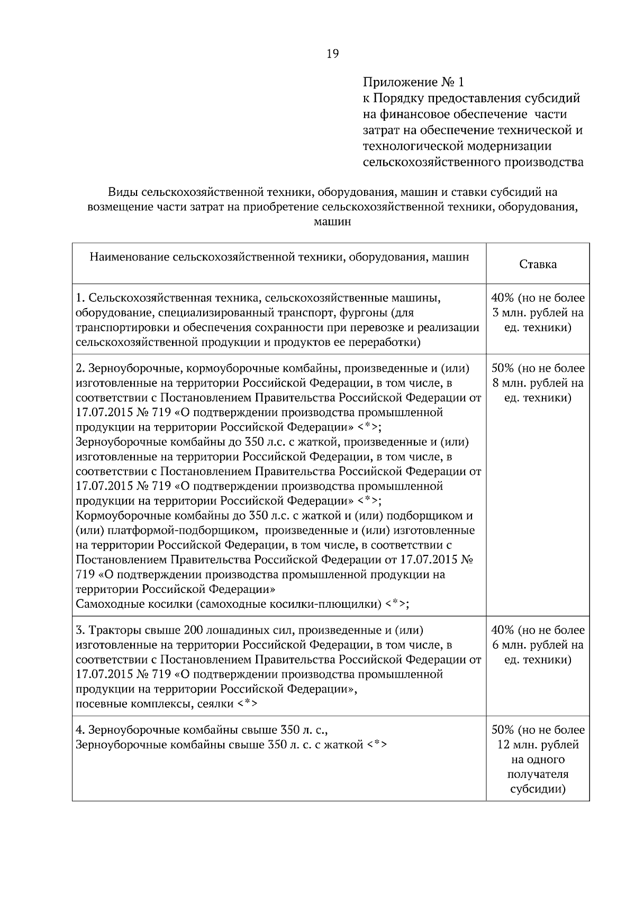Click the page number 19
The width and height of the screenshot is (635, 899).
pos(333,53)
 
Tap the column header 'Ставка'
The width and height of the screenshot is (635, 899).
pos(538,264)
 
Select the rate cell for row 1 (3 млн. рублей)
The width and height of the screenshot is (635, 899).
pos(538,313)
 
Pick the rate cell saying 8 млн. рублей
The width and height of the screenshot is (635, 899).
pos(538,383)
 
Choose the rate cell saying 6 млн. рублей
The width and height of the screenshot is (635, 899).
pos(538,645)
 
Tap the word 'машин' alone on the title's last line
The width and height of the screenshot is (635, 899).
pos(332,222)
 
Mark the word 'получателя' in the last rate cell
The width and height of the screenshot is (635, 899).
pos(538,775)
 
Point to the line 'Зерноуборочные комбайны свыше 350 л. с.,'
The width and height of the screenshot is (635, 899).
pos(202,730)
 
